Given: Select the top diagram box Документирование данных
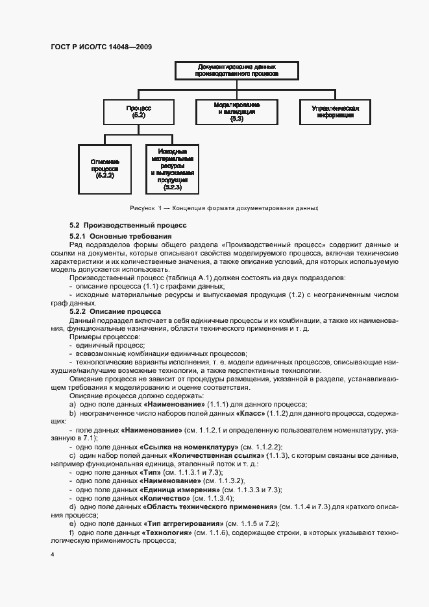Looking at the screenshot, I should coord(237,71).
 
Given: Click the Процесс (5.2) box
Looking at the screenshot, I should coord(138,111).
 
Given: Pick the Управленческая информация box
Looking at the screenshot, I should coord(336,111).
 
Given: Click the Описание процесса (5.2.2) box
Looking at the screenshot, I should coord(104,167).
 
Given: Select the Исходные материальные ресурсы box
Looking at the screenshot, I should coord(172,167).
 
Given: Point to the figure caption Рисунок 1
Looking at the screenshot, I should coord(224,208).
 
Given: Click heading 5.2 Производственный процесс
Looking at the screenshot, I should coord(128,225).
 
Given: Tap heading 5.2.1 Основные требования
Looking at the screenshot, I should coord(120,236).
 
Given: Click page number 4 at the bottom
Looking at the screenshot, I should coord(53,555).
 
